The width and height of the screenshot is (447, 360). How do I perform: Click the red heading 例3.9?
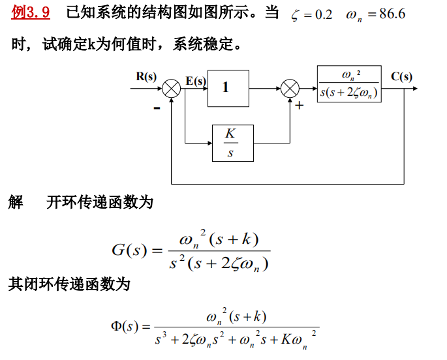coord(31,12)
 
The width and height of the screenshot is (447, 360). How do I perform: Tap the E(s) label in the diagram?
coord(195,81)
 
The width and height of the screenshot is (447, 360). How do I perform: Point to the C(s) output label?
coord(401,76)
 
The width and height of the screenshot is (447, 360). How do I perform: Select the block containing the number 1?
coord(228,88)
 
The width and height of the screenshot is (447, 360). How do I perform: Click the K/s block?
coord(232,143)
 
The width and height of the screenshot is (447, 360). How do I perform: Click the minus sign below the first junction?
coord(157,108)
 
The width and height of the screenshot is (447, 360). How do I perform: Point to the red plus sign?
coord(300,105)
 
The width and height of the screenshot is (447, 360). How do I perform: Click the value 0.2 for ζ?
coord(323,14)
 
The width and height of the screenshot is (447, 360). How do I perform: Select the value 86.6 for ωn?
coord(392,14)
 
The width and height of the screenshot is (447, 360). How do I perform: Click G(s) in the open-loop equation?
coord(129,250)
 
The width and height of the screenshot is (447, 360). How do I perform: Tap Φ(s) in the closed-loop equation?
coord(125,325)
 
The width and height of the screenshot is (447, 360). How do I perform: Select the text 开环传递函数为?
coord(100,202)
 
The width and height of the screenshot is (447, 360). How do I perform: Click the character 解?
coord(16,202)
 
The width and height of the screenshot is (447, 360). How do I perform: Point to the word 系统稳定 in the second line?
coord(202,45)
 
